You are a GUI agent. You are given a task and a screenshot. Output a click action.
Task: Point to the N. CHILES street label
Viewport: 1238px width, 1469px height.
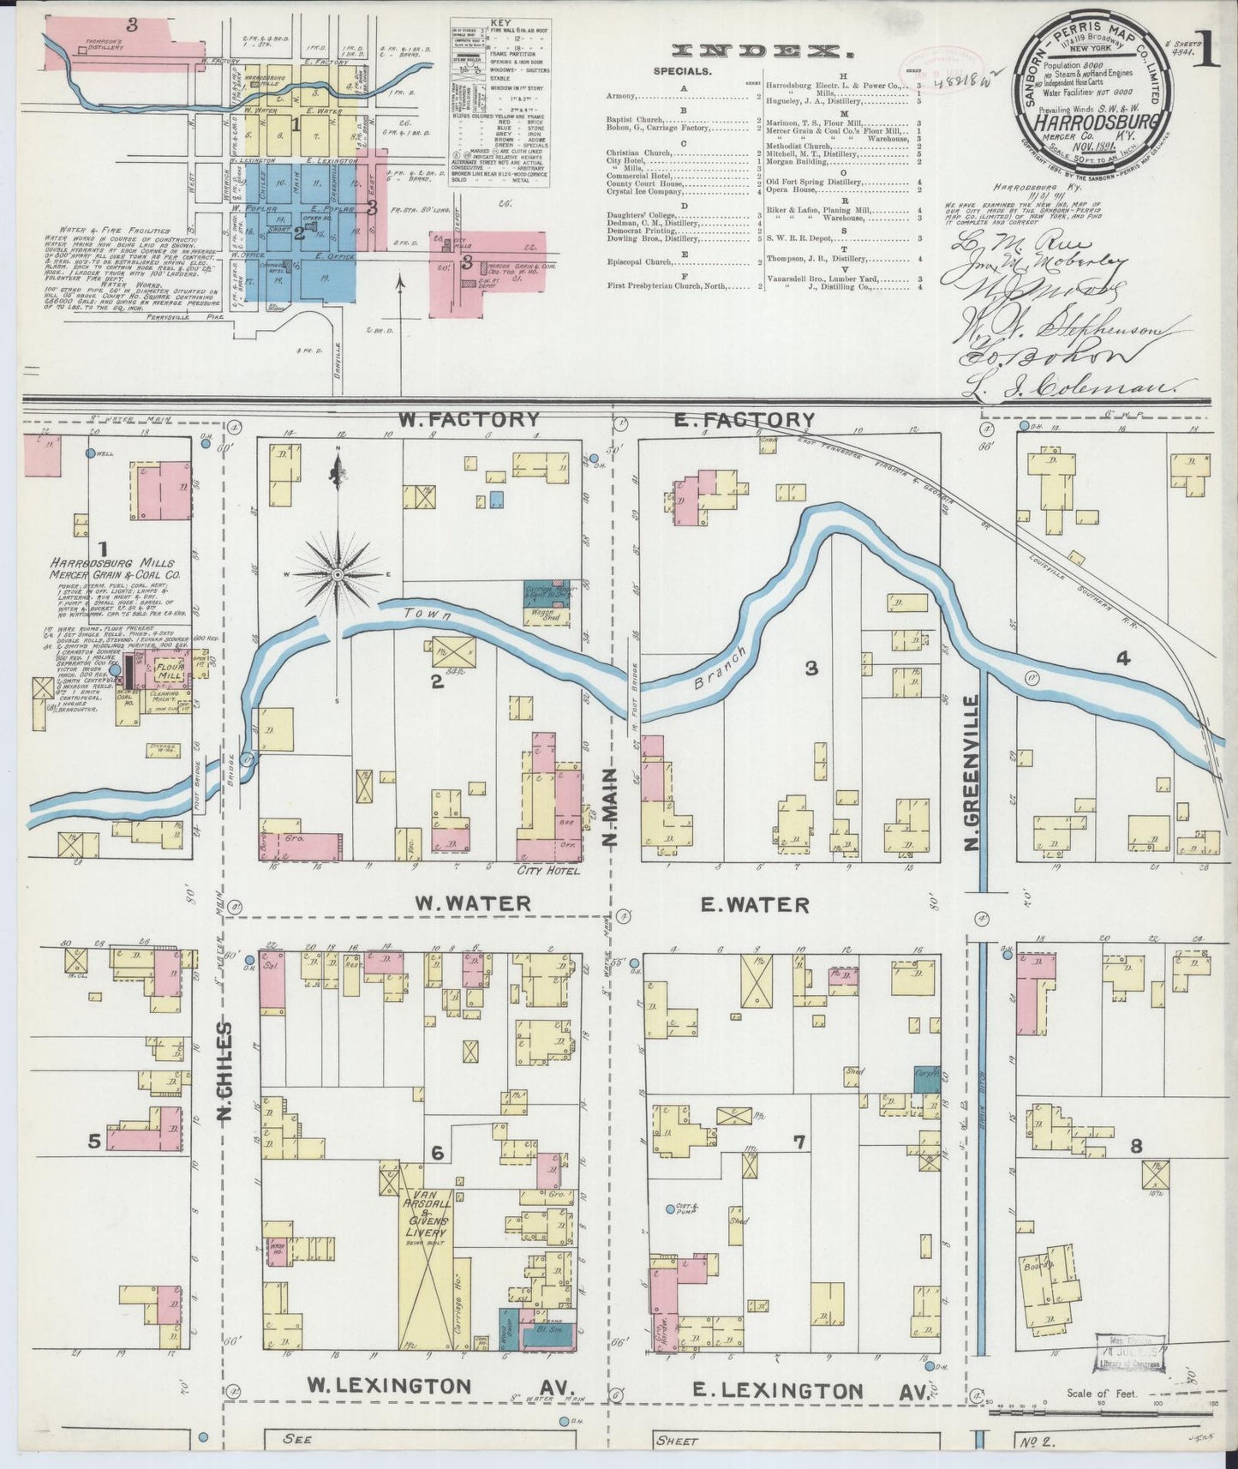click(x=225, y=1071)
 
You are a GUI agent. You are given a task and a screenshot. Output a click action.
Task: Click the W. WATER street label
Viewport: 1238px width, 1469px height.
click(x=473, y=903)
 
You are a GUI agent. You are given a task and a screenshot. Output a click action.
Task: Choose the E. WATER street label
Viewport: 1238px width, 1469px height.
click(x=755, y=904)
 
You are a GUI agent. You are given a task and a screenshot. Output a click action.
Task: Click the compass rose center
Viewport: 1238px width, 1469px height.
click(x=338, y=573)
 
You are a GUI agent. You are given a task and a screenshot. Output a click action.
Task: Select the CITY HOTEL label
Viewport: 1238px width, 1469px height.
click(x=548, y=872)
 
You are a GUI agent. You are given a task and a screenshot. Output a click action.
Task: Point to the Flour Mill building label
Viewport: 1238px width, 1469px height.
click(x=169, y=671)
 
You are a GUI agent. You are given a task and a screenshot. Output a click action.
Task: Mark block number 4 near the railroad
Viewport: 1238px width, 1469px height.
click(x=1122, y=658)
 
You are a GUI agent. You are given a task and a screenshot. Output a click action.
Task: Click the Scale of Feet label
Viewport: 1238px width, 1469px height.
click(x=1101, y=1393)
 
